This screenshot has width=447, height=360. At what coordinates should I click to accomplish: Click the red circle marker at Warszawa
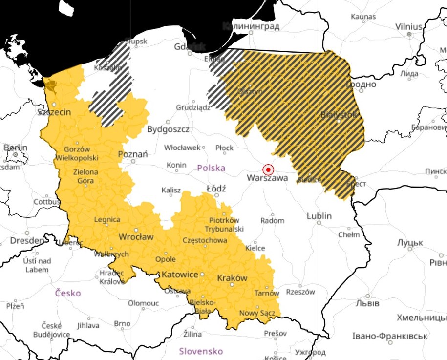click(x=268, y=169)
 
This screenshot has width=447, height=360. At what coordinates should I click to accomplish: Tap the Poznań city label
click(x=133, y=154)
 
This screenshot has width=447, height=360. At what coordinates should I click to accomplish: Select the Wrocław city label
click(x=136, y=237)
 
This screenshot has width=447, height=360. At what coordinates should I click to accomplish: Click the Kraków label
click(x=232, y=278)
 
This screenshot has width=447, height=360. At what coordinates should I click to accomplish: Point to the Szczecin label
click(x=54, y=112)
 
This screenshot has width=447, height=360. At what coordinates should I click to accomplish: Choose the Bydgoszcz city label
click(x=168, y=129)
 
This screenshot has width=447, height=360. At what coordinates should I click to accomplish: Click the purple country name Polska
click(x=211, y=168)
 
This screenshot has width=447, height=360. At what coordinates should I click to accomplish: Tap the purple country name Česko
click(x=68, y=293)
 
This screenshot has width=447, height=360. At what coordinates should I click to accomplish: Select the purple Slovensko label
click(x=201, y=351)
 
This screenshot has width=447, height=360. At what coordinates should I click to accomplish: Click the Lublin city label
click(x=319, y=216)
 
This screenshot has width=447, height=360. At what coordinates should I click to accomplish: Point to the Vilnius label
click(x=408, y=26)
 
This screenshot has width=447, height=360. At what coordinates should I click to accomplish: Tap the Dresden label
click(x=27, y=241)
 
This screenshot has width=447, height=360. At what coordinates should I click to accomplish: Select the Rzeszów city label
click(x=298, y=292)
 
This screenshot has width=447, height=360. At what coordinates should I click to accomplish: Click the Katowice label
click(x=180, y=275)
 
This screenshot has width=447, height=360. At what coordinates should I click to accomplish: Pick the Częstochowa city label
click(x=204, y=240)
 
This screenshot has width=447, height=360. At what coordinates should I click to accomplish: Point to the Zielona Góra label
click(x=85, y=176)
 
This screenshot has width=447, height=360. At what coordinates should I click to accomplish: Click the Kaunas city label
click(x=363, y=17)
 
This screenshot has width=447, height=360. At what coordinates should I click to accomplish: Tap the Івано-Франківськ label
click(x=390, y=336)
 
